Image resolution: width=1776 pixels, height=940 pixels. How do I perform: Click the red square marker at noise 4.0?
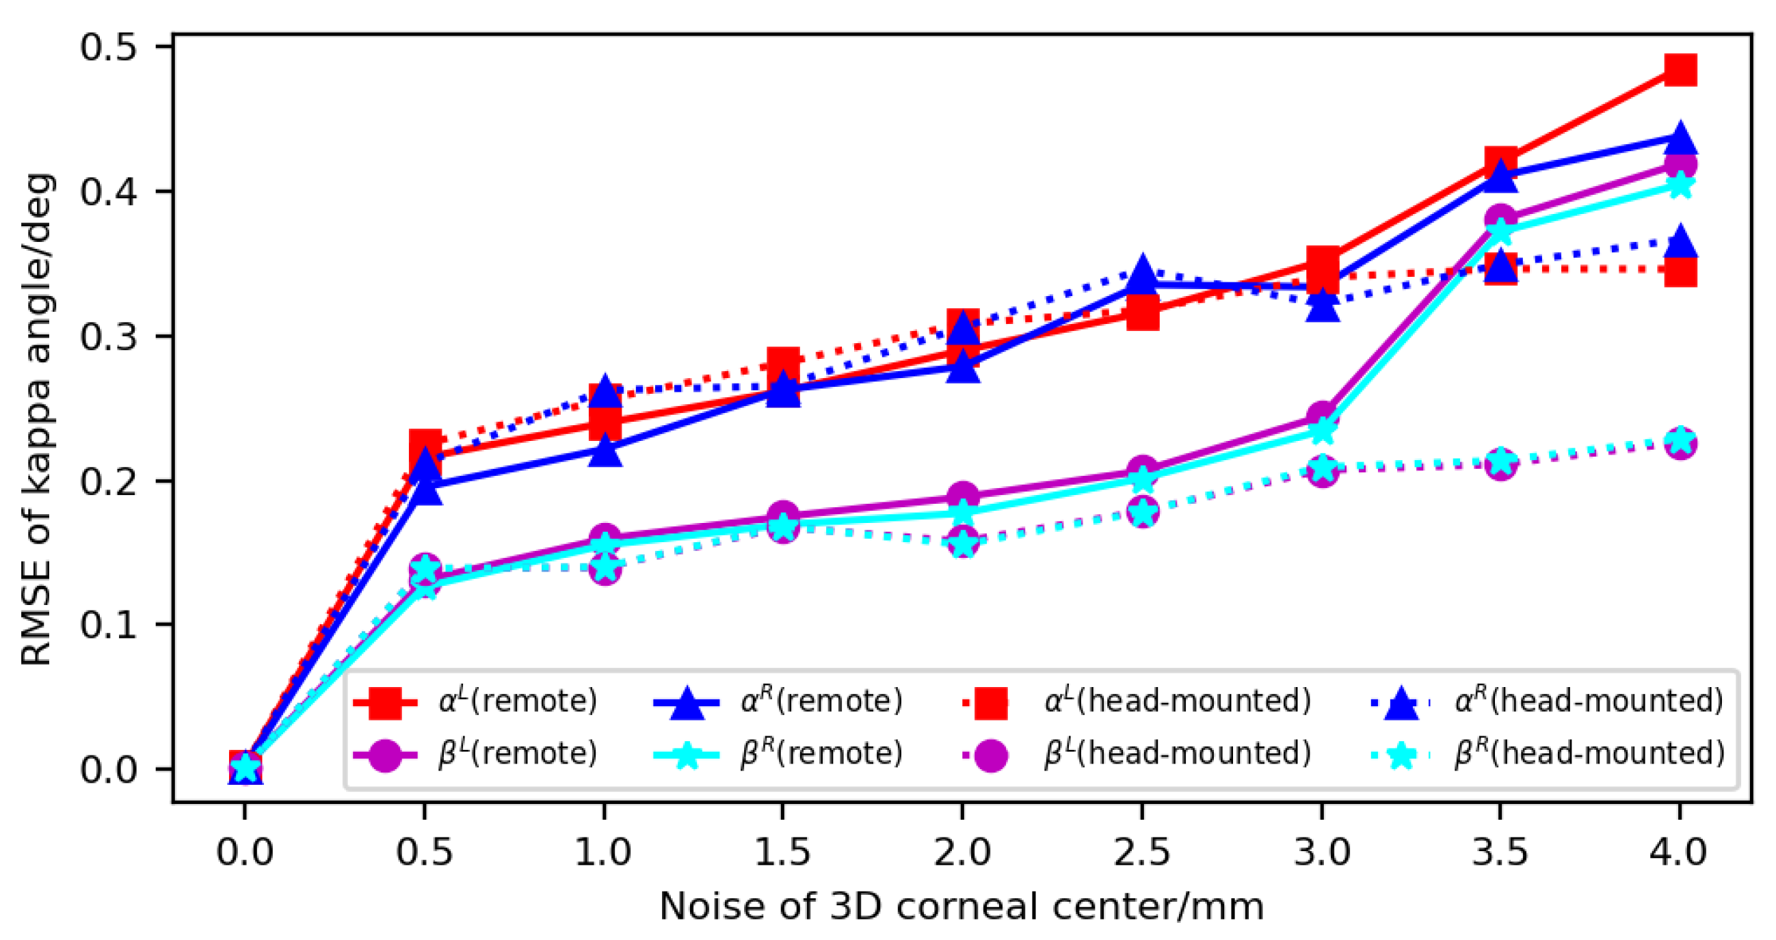click(1680, 70)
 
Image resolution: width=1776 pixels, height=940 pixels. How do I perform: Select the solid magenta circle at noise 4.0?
click(1681, 165)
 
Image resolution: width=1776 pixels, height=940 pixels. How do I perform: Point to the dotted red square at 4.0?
click(1680, 271)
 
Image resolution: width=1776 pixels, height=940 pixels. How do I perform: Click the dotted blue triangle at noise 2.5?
click(1143, 271)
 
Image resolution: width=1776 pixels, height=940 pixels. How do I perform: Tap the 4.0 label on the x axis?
click(1678, 852)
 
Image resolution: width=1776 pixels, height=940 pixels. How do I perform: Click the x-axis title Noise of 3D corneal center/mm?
click(962, 907)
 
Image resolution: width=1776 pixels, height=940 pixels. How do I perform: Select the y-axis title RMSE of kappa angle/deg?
click(36, 419)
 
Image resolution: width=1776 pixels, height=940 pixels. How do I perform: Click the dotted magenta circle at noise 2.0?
click(963, 543)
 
